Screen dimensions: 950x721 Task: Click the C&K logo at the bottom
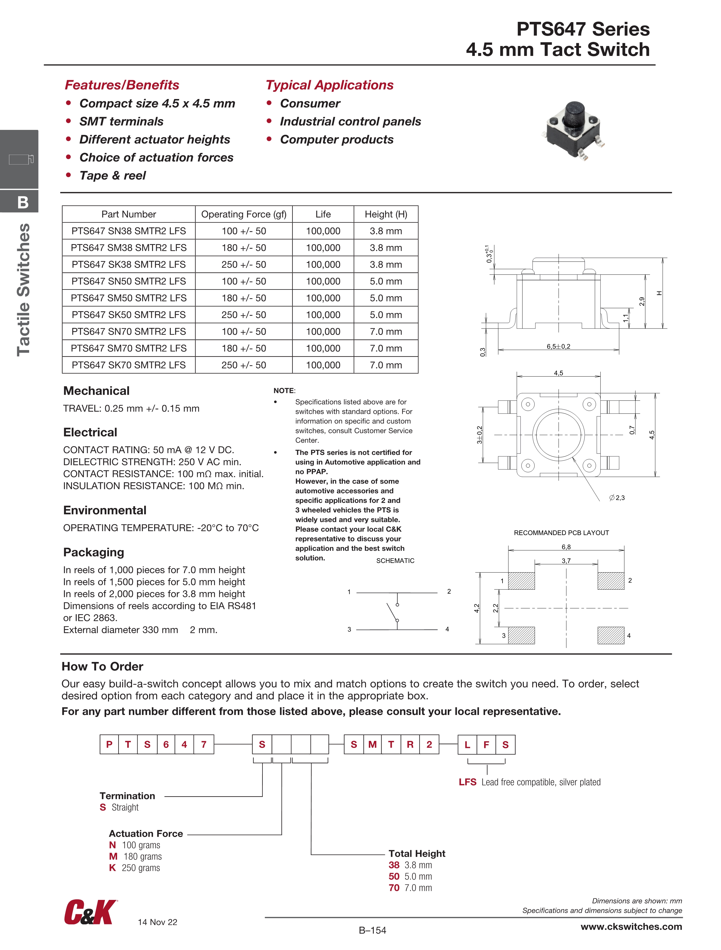91,912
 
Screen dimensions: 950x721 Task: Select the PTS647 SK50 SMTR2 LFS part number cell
128,315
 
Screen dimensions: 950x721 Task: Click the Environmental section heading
105,510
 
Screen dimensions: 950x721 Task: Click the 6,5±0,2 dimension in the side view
558,346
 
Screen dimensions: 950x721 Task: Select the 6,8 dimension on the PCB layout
566,547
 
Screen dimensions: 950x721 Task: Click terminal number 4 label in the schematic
447,629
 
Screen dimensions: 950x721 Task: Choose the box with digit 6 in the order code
166,744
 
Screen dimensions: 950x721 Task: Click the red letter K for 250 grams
112,868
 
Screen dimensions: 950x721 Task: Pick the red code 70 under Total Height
394,888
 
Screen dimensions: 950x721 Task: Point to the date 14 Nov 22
157,922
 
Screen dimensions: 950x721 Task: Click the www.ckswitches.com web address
631,927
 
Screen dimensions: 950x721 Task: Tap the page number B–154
373,930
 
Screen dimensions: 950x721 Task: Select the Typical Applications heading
329,85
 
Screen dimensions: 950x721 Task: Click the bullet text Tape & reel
112,176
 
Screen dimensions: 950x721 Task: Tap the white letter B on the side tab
23,202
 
